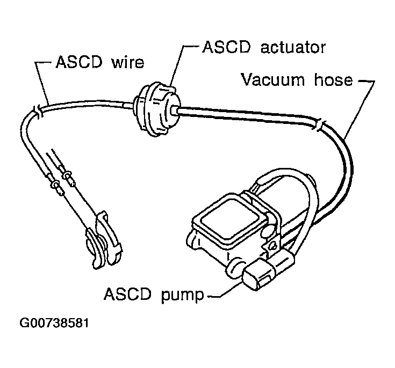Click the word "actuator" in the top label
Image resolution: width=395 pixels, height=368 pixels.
pos(293,47)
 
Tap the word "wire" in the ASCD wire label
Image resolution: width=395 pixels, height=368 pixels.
pos(127,62)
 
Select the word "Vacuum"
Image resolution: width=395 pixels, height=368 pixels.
pos(273,80)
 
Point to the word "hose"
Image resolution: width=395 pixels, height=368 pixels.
pos(333,80)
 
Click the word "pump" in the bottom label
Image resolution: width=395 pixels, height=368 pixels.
pos(182,295)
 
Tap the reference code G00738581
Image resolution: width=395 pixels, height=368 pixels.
pos(54,323)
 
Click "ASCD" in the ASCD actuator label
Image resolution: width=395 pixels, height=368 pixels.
pos(227,47)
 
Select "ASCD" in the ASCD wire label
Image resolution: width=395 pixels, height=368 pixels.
pos(79,62)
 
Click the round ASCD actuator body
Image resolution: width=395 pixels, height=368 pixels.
pos(157,109)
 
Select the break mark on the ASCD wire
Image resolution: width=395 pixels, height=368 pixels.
pos(38,112)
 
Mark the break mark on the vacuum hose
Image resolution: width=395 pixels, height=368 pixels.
pos(318,125)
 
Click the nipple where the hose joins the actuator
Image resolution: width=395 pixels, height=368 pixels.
pos(174,111)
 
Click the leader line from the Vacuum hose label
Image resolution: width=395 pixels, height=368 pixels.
pos(360,108)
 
